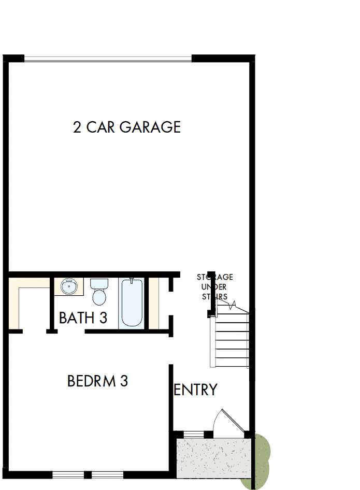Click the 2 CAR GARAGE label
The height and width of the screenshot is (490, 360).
tap(127, 127)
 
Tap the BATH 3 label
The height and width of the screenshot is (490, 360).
tap(83, 318)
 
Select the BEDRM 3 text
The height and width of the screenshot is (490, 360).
tap(97, 381)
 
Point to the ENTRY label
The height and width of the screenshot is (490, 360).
tap(195, 390)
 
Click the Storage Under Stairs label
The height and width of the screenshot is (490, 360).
tap(214, 287)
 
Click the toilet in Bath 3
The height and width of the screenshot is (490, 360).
tap(98, 296)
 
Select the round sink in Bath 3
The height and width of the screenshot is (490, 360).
tap(68, 286)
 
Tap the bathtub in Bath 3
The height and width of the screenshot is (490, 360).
tap(131, 303)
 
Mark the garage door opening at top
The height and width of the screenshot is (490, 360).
tap(108, 58)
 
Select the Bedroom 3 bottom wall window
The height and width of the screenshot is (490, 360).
tap(88, 474)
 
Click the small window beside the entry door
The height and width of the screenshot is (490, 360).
tap(194, 434)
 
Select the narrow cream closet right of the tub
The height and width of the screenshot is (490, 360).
tap(153, 303)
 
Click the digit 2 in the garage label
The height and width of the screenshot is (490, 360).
tap(77, 127)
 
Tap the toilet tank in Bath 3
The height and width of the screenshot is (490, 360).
tap(98, 284)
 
